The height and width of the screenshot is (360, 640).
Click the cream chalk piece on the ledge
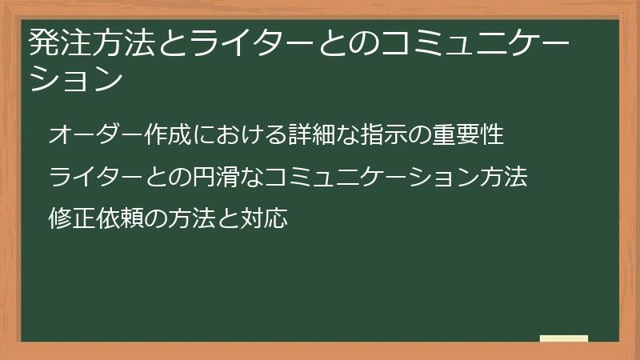point(564,338)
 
